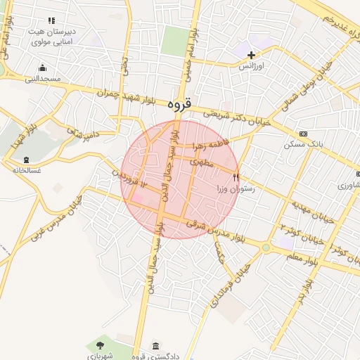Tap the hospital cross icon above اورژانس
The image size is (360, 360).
click(251, 55)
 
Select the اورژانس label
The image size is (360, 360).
click(252, 65)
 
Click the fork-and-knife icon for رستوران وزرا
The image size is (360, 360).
click(236, 178)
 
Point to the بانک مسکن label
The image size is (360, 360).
click(302, 144)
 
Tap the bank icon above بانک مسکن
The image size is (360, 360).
click(303, 134)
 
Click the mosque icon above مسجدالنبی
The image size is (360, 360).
click(43, 68)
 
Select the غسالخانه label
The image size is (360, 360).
click(26, 169)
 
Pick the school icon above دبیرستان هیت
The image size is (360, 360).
click(51, 22)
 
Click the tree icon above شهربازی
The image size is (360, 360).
click(99, 345)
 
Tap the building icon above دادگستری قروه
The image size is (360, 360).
click(155, 347)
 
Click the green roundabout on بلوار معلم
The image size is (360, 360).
click(266, 247)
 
